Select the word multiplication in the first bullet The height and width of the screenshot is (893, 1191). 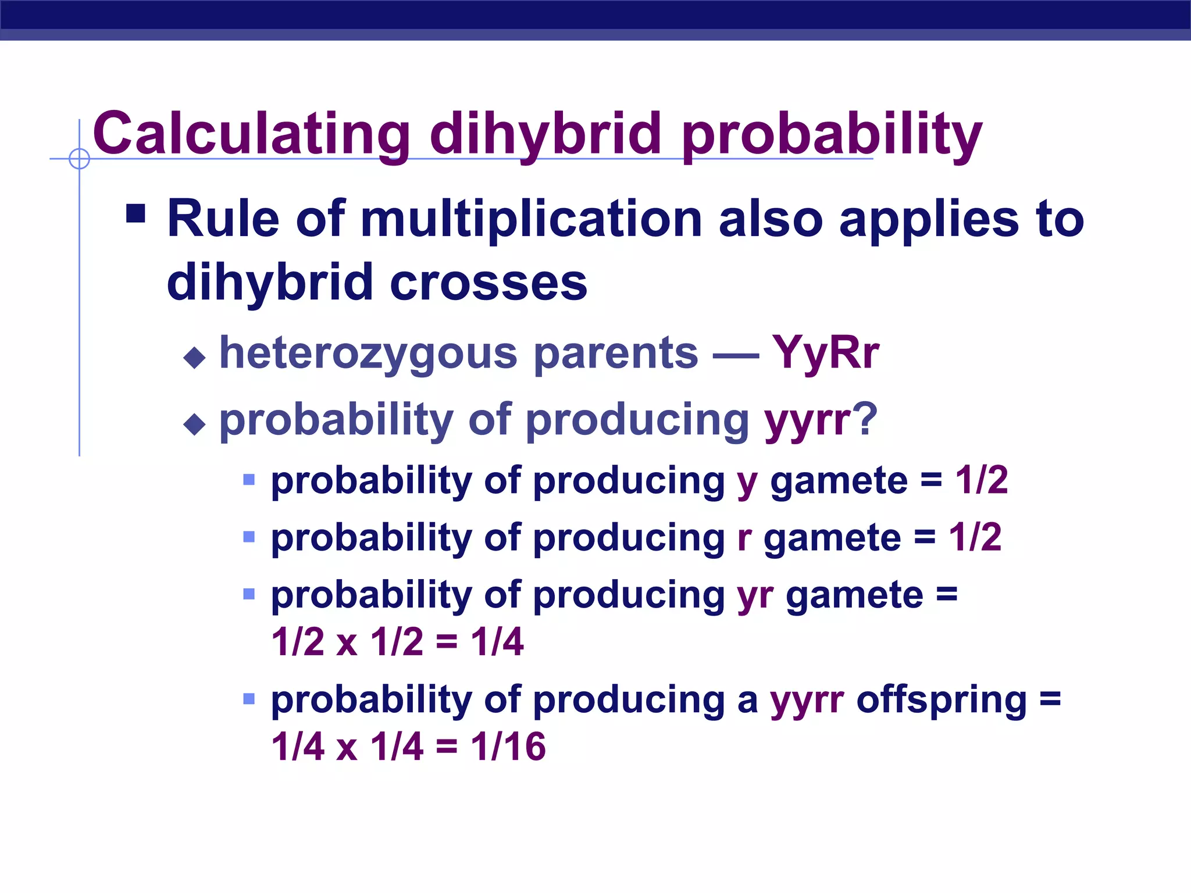[532, 220]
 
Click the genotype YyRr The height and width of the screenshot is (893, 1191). [825, 353]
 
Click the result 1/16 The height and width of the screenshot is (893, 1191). [508, 746]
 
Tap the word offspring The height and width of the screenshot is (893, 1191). [942, 700]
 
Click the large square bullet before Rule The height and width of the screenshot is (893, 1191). [135, 213]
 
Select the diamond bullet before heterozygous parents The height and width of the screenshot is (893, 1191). [194, 358]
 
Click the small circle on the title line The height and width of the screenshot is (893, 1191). [79, 159]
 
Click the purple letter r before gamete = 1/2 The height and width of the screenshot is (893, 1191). [744, 538]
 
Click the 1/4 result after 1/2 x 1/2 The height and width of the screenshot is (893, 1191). [497, 642]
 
